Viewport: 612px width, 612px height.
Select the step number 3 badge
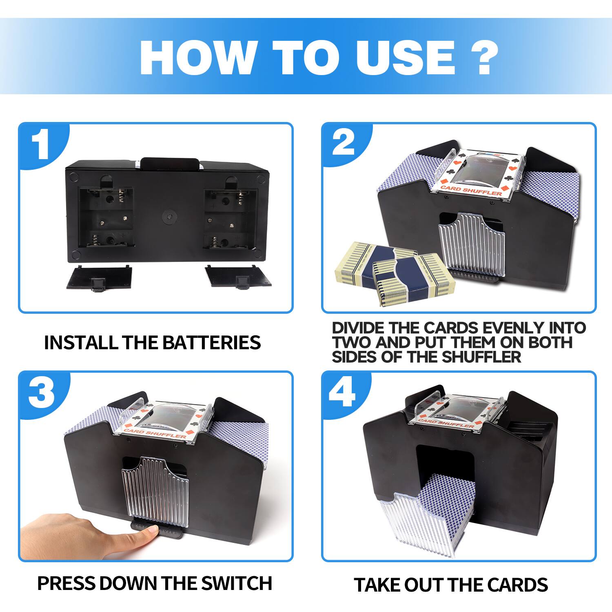[42, 392]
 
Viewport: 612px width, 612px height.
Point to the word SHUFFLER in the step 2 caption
[481, 357]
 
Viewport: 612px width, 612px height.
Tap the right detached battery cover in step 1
[238, 276]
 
